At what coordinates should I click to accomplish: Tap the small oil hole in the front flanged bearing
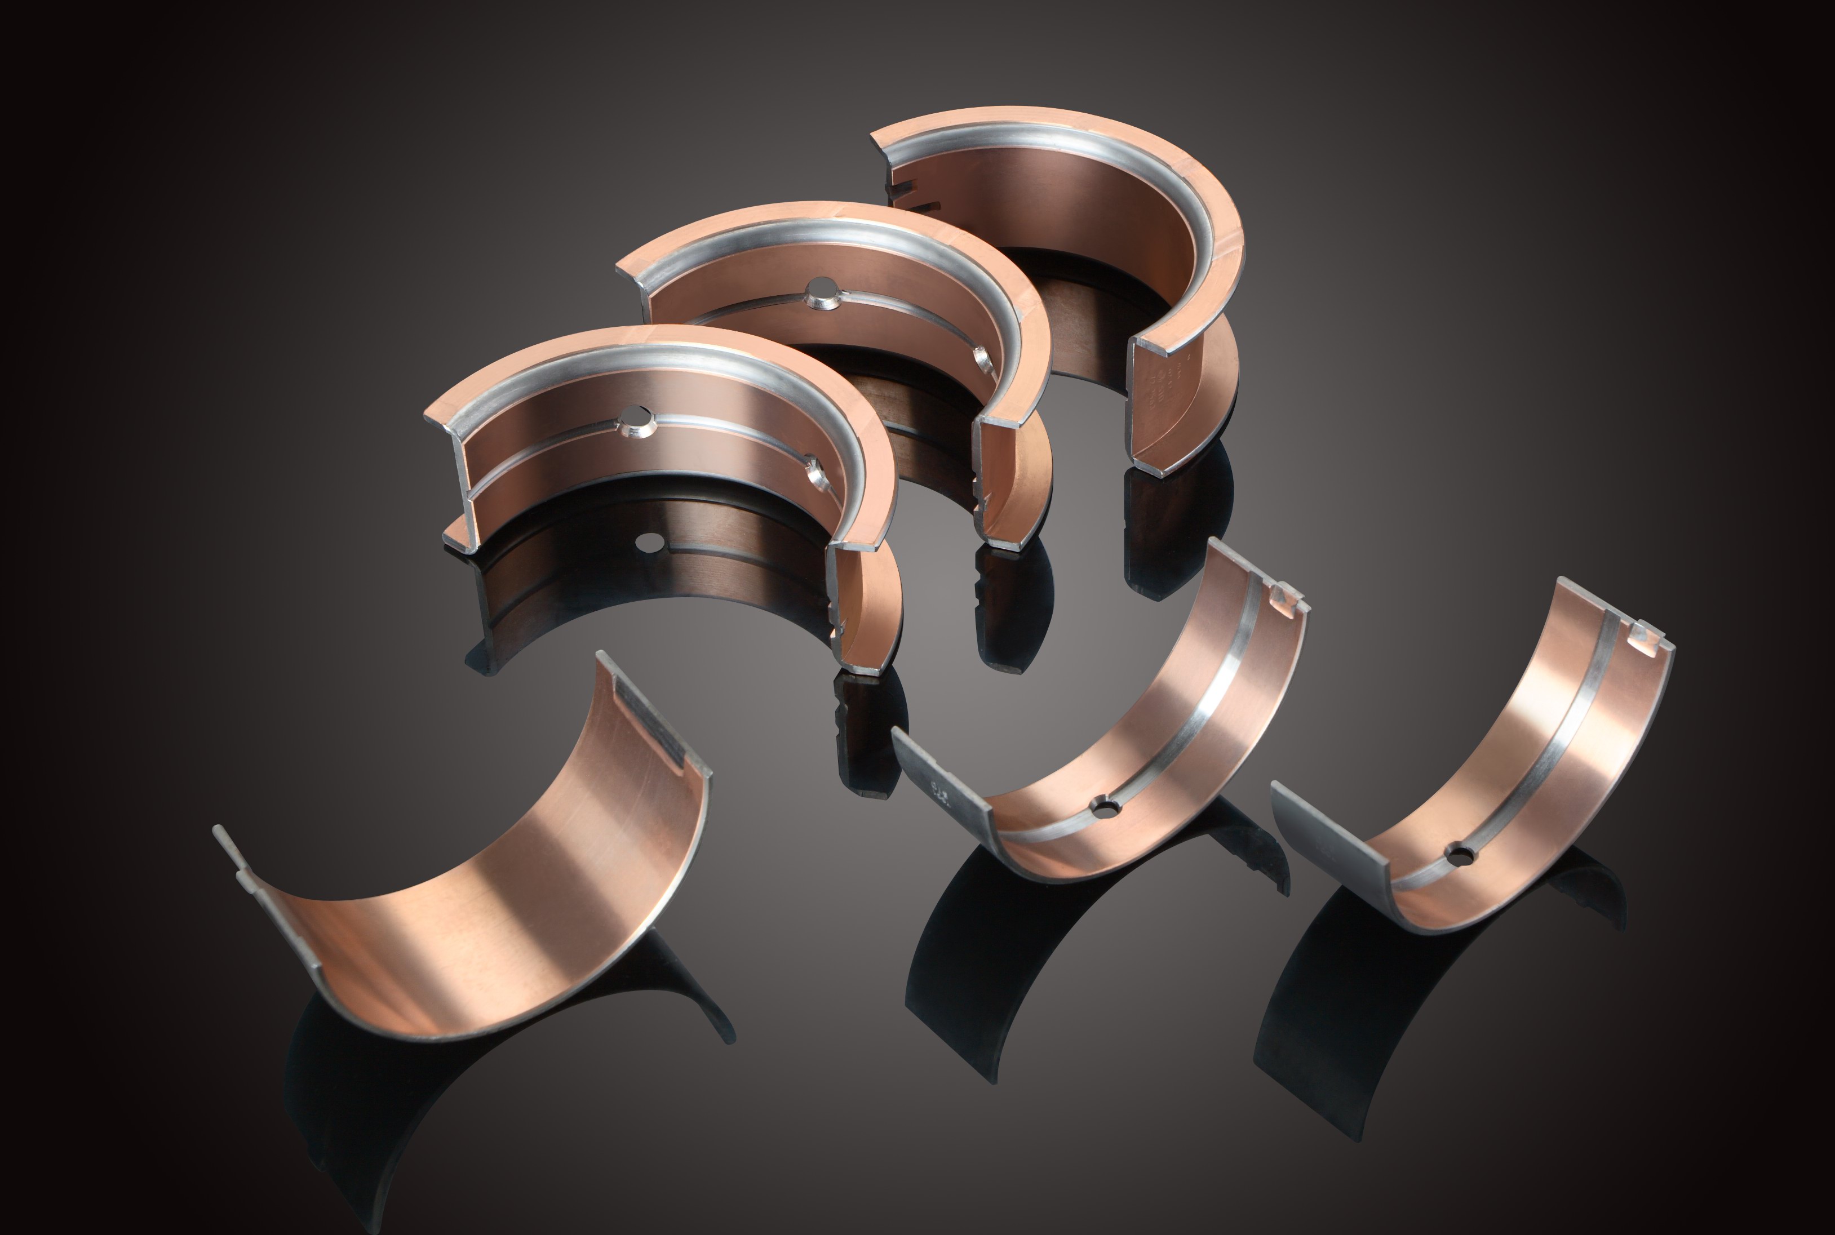(815, 473)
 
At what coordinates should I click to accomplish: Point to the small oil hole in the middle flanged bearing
(982, 357)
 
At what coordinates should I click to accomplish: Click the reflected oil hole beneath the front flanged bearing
(650, 542)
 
